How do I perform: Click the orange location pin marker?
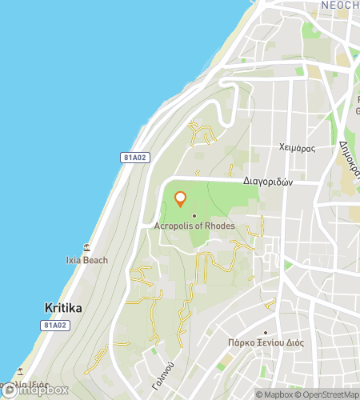[x=180, y=198]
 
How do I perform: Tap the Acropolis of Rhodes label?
[x=194, y=226]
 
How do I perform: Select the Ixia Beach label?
[x=86, y=260]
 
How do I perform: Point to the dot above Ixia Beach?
[x=86, y=249]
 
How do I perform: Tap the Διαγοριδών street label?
[x=269, y=182]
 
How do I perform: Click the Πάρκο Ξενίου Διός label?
[x=266, y=344]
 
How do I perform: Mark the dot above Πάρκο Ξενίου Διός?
[x=266, y=333]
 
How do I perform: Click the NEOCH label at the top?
[x=339, y=5]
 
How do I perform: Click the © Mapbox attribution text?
[x=274, y=394]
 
